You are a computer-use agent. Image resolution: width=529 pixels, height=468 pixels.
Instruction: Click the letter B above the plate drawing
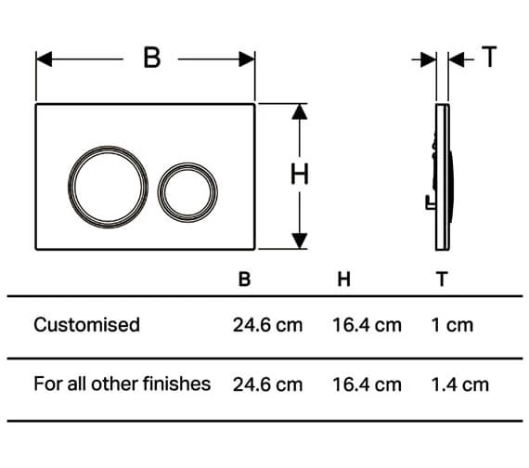[150, 58]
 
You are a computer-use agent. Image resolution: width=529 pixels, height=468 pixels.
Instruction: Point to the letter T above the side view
[489, 58]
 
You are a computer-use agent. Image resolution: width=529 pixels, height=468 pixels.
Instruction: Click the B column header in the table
[244, 279]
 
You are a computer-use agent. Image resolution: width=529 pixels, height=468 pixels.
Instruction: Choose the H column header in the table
[343, 279]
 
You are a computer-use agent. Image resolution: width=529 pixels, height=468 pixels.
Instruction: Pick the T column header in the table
[442, 279]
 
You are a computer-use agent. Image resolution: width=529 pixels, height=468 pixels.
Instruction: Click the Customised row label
[86, 325]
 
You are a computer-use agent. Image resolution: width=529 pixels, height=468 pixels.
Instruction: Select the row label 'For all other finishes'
[122, 383]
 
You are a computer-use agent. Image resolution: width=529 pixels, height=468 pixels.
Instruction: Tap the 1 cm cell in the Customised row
[452, 325]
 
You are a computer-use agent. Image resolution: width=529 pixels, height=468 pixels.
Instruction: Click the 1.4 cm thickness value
[459, 383]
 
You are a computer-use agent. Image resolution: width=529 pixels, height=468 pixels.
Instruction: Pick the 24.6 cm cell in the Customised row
[267, 325]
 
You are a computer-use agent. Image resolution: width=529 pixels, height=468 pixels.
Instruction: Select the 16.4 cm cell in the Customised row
[367, 325]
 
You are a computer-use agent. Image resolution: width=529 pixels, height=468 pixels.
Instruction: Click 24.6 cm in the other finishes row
[267, 383]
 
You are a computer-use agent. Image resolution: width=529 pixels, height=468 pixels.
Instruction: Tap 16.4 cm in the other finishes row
[367, 383]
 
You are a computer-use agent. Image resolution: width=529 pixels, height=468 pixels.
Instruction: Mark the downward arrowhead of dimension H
[299, 240]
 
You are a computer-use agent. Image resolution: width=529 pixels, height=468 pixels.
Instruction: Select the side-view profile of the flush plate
[443, 176]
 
